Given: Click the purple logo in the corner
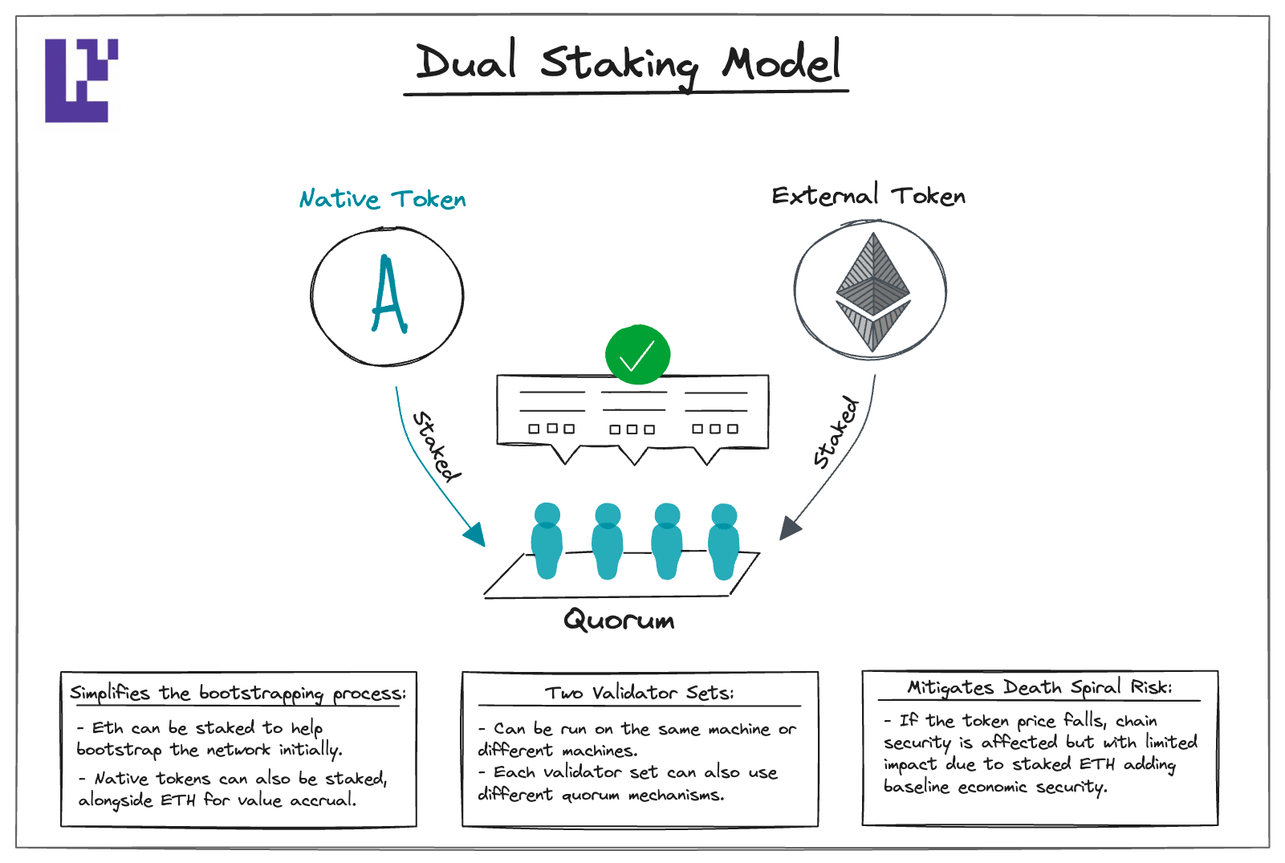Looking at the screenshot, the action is point(81,80).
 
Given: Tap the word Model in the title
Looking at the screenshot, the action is point(781,60).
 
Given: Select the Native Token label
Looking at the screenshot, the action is point(383,199).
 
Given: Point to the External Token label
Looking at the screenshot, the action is point(868,195).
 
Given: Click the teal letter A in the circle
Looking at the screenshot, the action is point(389,295).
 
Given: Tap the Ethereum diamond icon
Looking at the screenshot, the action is point(873,291).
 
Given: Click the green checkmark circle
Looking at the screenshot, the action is point(637,355).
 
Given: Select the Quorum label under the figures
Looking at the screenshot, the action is point(619,620).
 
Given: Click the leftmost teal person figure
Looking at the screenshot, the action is point(547,541).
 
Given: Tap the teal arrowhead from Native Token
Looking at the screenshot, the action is point(475,535).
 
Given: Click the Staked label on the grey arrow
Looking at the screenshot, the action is point(836,432).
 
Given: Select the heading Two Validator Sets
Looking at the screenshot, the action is point(639,693).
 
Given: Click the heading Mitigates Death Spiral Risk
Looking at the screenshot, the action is point(1039,687).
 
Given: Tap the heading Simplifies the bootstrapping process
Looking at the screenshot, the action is point(238,694).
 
